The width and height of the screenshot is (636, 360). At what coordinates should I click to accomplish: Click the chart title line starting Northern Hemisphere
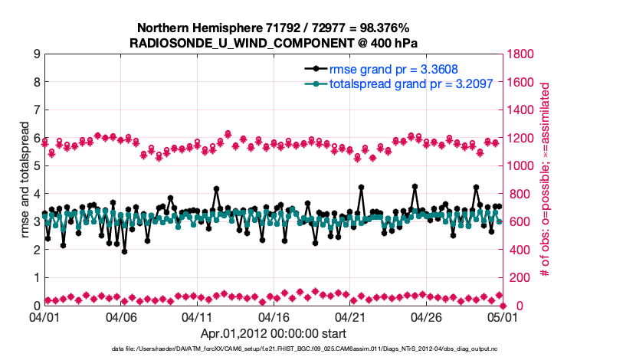click(274, 28)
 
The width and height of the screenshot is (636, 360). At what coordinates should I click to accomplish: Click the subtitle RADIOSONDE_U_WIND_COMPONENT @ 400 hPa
click(274, 42)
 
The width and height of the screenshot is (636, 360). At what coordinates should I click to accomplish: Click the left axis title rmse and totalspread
click(25, 180)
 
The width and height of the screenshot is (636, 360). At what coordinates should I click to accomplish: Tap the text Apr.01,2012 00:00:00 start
click(274, 333)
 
